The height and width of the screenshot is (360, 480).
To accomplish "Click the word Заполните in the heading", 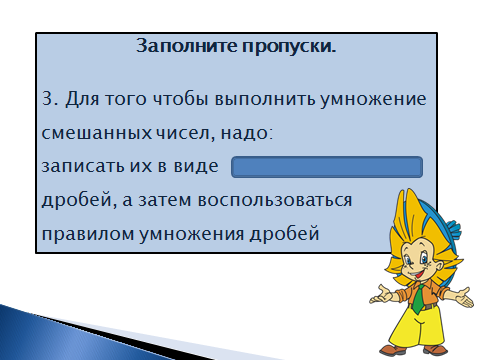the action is coord(187,45).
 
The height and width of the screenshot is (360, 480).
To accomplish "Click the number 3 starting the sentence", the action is coord(48,99).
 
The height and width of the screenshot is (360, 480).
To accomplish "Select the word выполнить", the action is coord(265,99).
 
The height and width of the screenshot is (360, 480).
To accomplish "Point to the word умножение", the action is coord(373,100).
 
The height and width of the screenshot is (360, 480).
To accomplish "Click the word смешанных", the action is coord(97,133).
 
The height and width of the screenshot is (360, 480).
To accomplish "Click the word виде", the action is coord(196,166).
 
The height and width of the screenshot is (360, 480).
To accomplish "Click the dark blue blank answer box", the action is coord(327,167).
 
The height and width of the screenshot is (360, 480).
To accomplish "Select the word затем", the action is coord(165,200).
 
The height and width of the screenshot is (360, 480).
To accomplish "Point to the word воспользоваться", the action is coord(275,200).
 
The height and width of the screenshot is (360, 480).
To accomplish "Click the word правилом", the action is coord(87,234).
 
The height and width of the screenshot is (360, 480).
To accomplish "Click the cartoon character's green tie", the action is coord(418,298).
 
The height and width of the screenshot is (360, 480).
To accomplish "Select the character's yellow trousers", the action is coord(417,327).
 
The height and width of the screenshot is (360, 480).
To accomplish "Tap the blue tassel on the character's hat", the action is coord(453,229).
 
